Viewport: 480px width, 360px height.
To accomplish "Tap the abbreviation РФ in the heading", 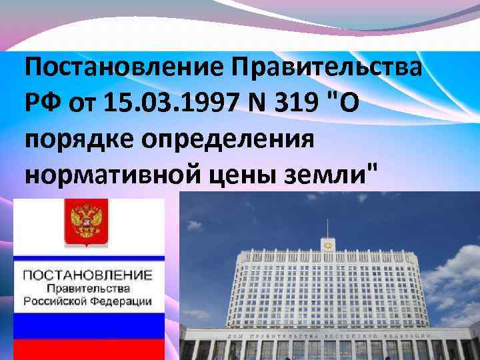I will [43, 104].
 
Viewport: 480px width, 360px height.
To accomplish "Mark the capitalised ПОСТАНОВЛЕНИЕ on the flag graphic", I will [87, 275].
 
